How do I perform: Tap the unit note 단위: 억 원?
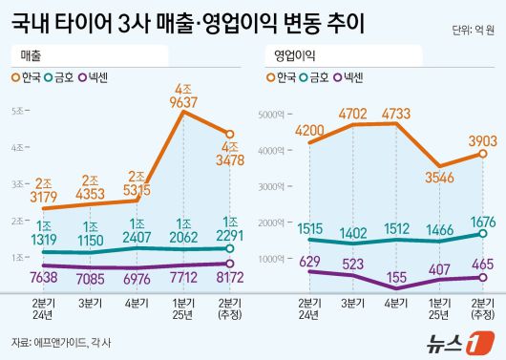[x=474, y=32]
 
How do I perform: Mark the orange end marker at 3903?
[x=482, y=153]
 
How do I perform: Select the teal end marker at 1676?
[x=482, y=233]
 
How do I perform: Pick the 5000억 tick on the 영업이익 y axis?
[x=272, y=115]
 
